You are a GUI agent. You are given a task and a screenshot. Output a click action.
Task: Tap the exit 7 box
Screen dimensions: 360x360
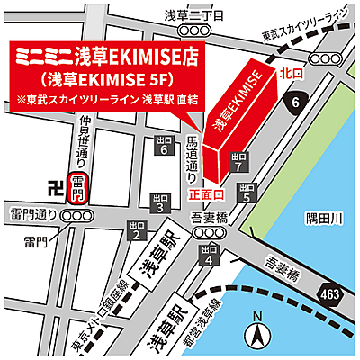[238, 162]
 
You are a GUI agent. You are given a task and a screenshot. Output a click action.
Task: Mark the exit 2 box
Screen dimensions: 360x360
[137, 230]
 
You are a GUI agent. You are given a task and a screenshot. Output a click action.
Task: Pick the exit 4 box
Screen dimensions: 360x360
[209, 255]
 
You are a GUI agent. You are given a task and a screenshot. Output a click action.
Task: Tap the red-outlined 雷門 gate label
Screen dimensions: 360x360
[77, 188]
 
